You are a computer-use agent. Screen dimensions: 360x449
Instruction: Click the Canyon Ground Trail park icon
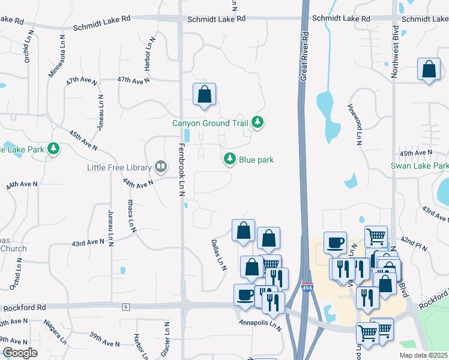click(258, 122)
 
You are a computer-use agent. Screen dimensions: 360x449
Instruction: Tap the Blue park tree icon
click(229, 159)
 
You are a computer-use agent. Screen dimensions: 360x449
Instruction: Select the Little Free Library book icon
click(160, 166)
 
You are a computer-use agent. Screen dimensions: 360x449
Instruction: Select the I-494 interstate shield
click(307, 288)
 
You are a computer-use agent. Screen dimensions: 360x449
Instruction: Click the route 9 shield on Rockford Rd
click(126, 307)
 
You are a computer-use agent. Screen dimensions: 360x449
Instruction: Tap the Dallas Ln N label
click(218, 254)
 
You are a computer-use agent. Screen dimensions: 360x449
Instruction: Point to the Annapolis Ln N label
click(259, 325)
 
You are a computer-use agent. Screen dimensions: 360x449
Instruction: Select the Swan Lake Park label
click(420, 166)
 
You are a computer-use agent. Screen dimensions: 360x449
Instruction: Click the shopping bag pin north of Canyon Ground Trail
click(204, 94)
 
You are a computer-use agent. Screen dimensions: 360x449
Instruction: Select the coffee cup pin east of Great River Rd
click(335, 242)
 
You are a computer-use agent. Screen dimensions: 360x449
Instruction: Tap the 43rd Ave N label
click(88, 242)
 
